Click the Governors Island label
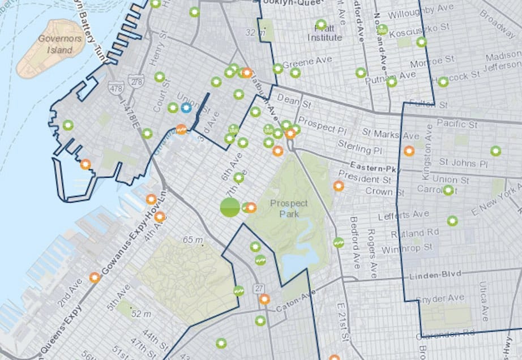pos(55,44)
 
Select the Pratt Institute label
pos(324,33)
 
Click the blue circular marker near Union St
pos(186,108)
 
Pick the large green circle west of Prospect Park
pos(230,207)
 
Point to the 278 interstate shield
pos(136,83)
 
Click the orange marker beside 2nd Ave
pos(95,277)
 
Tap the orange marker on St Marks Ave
pos(409,151)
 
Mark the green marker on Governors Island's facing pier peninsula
pos(68,125)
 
